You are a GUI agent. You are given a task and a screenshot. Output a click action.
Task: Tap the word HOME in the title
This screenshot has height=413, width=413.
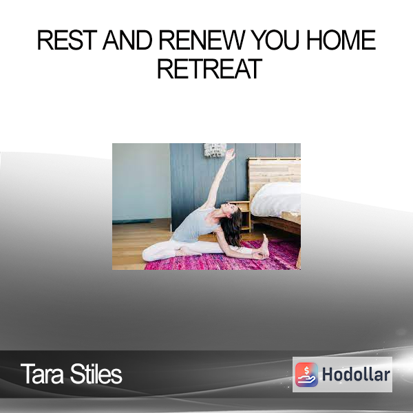tap(341, 41)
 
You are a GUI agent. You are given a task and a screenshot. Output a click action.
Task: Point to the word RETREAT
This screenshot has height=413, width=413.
tap(210, 69)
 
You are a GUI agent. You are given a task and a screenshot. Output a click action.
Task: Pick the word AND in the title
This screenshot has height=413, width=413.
tap(127, 41)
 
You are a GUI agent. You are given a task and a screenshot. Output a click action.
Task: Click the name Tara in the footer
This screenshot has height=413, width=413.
tap(43, 374)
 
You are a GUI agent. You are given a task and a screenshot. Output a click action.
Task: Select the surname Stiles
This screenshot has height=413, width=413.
tap(96, 374)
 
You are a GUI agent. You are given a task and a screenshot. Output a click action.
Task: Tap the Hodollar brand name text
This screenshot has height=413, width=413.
tap(356, 374)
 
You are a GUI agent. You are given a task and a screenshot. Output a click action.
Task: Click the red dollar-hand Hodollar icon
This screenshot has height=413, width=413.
tap(306, 374)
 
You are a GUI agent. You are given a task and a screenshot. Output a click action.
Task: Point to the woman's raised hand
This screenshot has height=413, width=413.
tap(231, 153)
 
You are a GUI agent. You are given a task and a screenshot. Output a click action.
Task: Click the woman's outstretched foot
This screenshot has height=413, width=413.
tap(266, 245)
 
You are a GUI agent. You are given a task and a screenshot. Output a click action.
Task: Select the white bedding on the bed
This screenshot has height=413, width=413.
tap(276, 200)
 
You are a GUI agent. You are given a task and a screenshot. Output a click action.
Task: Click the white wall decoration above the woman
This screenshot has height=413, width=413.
tap(214, 149)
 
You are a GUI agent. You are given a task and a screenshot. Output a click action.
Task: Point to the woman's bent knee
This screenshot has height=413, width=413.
tap(149, 253)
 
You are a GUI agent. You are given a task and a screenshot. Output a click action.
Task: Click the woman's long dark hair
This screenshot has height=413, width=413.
tap(233, 227)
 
